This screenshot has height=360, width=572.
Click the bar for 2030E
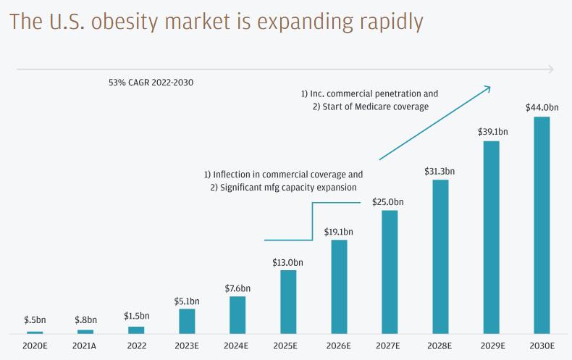pos(542,225)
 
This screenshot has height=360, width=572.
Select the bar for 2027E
pos(390,272)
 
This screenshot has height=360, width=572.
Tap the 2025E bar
pos(288,301)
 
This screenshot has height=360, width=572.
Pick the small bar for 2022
pos(136,330)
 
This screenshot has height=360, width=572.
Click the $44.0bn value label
pos(542,108)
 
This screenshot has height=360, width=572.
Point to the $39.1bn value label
pos(492,132)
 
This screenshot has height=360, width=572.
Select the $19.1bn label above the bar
pos(339,232)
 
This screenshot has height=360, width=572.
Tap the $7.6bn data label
pos(237,288)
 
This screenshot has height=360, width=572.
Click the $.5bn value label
pos(35,319)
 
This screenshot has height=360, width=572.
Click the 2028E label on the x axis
pos(440,346)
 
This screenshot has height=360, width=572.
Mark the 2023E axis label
pos(186,346)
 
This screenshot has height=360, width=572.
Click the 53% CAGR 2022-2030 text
pos(151,83)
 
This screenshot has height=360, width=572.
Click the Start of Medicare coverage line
pos(371,106)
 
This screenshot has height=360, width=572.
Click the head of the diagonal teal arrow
pos(489,88)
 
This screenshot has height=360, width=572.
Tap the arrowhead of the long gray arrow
pos(552,70)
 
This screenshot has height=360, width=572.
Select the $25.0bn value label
pos(389,201)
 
